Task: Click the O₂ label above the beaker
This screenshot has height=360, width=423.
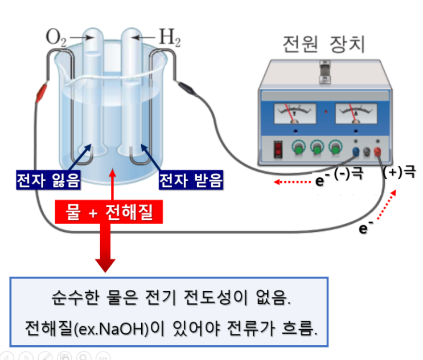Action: click(56, 38)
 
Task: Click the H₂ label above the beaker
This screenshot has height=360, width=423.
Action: click(170, 38)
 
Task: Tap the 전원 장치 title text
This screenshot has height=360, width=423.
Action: click(324, 44)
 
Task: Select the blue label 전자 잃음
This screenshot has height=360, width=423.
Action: click(48, 180)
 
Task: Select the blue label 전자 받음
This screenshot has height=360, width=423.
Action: click(191, 180)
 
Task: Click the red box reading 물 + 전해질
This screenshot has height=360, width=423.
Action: click(109, 212)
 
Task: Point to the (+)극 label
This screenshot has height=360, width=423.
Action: click(399, 171)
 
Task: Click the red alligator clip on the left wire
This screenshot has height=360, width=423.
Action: click(41, 93)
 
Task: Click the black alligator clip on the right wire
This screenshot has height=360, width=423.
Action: click(187, 88)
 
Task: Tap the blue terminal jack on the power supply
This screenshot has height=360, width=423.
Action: click(356, 152)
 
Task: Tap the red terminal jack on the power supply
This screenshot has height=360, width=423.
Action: click(377, 152)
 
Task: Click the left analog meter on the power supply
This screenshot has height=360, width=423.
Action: click(295, 113)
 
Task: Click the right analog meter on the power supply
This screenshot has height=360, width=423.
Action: click(356, 113)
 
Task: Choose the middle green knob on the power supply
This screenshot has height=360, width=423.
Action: click(317, 148)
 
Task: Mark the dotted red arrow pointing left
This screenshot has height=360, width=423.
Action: click(293, 182)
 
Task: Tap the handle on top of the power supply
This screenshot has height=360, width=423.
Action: click(325, 72)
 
